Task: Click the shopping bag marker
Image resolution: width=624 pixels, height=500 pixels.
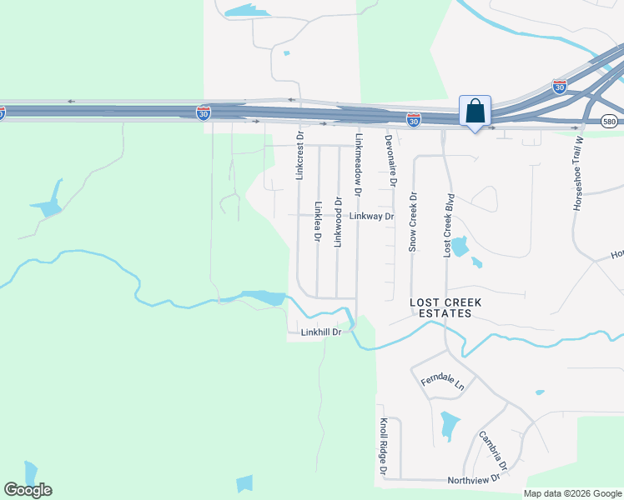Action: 475,111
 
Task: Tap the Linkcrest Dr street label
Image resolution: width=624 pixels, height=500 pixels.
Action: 299,154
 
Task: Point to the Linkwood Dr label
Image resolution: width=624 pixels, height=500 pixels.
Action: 338,222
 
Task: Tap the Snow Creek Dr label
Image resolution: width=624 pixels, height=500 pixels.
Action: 412,221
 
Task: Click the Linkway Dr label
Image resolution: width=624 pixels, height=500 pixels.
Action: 371,216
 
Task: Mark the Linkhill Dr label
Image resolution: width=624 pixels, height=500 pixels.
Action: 321,332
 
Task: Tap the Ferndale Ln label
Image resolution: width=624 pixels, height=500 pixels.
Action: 442,382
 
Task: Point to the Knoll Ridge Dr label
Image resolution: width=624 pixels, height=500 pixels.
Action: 384,447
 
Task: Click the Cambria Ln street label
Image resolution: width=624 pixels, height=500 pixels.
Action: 492,449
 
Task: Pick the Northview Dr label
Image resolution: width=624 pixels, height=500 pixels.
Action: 473,477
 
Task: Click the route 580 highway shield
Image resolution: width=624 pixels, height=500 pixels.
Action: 610,122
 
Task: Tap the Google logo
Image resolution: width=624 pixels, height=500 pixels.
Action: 28,490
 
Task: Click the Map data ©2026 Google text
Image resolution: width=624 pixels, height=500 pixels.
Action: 572,493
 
